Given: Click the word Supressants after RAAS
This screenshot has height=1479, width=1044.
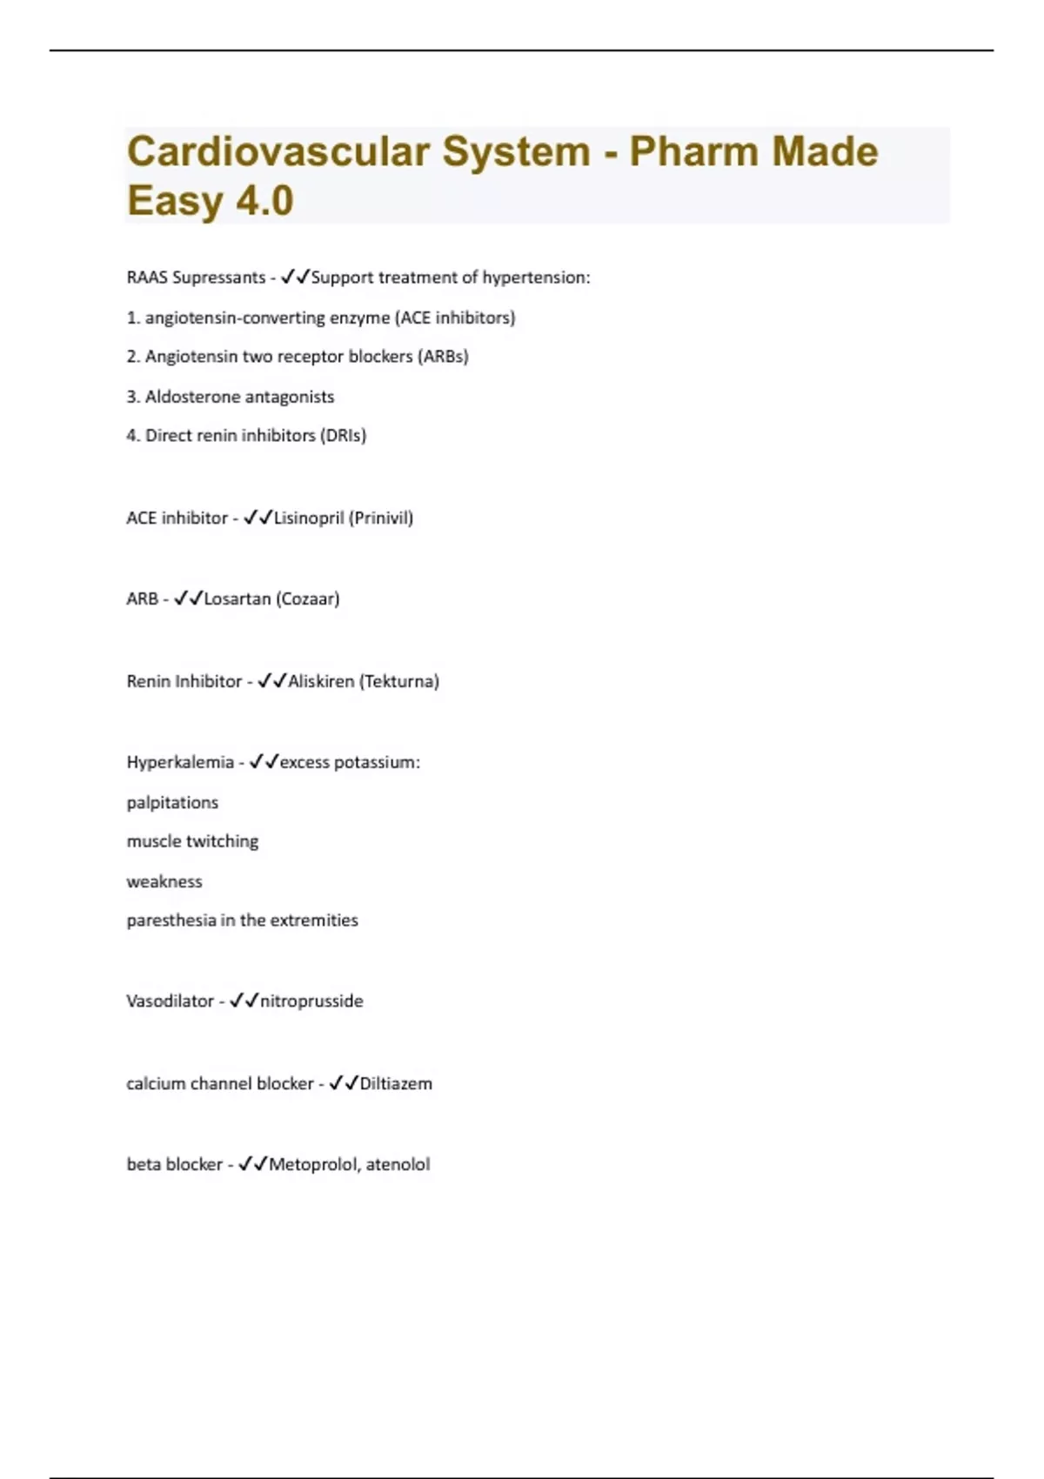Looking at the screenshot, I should [219, 278].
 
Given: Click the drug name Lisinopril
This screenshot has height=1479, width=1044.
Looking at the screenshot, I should [309, 519].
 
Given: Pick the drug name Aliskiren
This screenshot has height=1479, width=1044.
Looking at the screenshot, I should [321, 681].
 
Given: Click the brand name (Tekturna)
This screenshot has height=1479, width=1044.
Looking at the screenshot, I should [399, 681].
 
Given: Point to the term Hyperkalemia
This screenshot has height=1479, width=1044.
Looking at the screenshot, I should [180, 762].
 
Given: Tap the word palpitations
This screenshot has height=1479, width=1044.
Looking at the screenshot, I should [172, 803].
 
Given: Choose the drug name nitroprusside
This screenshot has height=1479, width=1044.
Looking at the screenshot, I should [311, 1001].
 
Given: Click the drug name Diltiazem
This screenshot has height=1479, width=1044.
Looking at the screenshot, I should [396, 1084].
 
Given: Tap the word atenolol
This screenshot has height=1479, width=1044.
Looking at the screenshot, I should [398, 1165].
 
